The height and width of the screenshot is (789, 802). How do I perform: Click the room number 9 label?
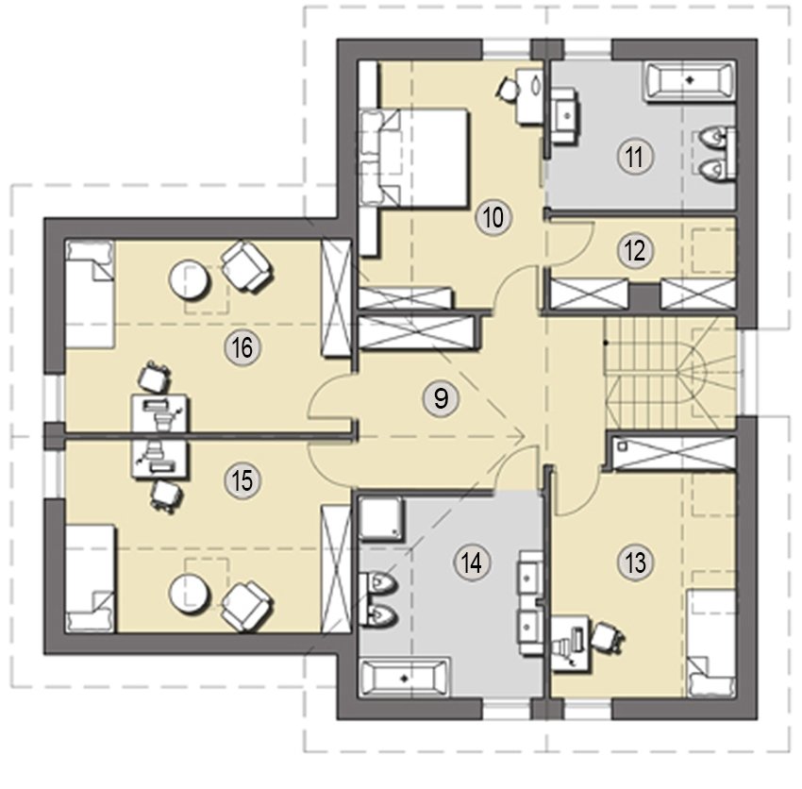pyautogui.click(x=441, y=398)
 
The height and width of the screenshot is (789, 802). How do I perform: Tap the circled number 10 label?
pyautogui.click(x=493, y=217)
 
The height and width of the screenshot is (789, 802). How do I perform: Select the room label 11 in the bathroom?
pyautogui.click(x=635, y=157)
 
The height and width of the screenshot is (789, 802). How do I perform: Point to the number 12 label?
pyautogui.click(x=635, y=250)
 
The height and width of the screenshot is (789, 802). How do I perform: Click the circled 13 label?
pyautogui.click(x=635, y=562)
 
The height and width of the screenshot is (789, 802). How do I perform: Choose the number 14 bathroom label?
pyautogui.click(x=472, y=562)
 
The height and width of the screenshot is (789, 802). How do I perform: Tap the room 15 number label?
pyautogui.click(x=242, y=481)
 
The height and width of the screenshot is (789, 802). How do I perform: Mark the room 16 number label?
pyautogui.click(x=242, y=348)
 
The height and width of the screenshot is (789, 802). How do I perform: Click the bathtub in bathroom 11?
pyautogui.click(x=689, y=80)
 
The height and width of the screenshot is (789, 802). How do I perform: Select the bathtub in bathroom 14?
pyautogui.click(x=405, y=678)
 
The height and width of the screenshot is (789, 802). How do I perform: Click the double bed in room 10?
pyautogui.click(x=414, y=158)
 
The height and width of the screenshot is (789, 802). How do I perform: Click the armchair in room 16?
pyautogui.click(x=246, y=266)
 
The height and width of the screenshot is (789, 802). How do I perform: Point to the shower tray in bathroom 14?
pyautogui.click(x=381, y=518)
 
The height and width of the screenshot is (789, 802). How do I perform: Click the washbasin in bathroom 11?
pyautogui.click(x=565, y=116)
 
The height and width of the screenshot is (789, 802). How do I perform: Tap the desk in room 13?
pyautogui.click(x=572, y=643)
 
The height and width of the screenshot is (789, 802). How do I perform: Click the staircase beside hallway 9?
pyautogui.click(x=670, y=374)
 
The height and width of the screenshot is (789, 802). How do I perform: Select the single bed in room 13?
pyautogui.click(x=711, y=643)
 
